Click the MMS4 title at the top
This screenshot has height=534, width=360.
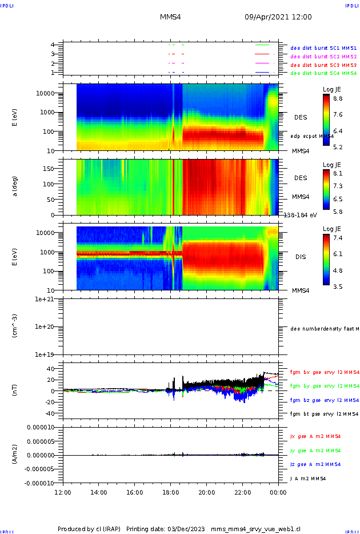(x=170, y=17)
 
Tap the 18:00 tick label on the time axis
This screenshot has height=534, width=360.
(x=170, y=492)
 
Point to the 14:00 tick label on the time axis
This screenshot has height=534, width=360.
(x=99, y=492)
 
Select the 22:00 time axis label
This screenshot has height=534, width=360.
(x=242, y=492)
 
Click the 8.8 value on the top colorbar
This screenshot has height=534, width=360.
(x=338, y=98)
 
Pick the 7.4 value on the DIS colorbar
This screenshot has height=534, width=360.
(x=338, y=237)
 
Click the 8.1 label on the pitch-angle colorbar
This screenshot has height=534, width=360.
(x=338, y=173)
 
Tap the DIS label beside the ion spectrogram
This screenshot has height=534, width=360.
(x=300, y=257)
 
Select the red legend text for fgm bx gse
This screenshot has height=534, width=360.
(x=325, y=372)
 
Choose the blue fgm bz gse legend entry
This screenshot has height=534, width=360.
(x=325, y=400)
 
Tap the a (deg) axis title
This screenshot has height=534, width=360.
(x=15, y=187)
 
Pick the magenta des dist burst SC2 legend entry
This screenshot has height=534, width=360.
(x=323, y=57)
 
